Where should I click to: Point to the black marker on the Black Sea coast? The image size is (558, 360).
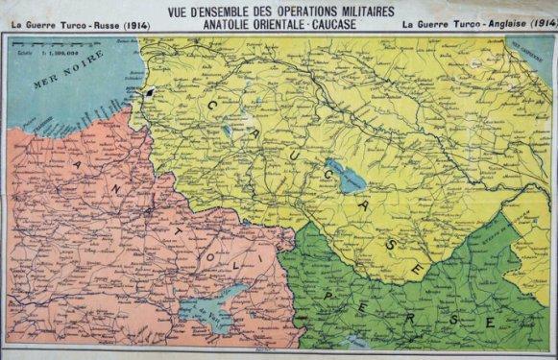coord(151,92)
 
